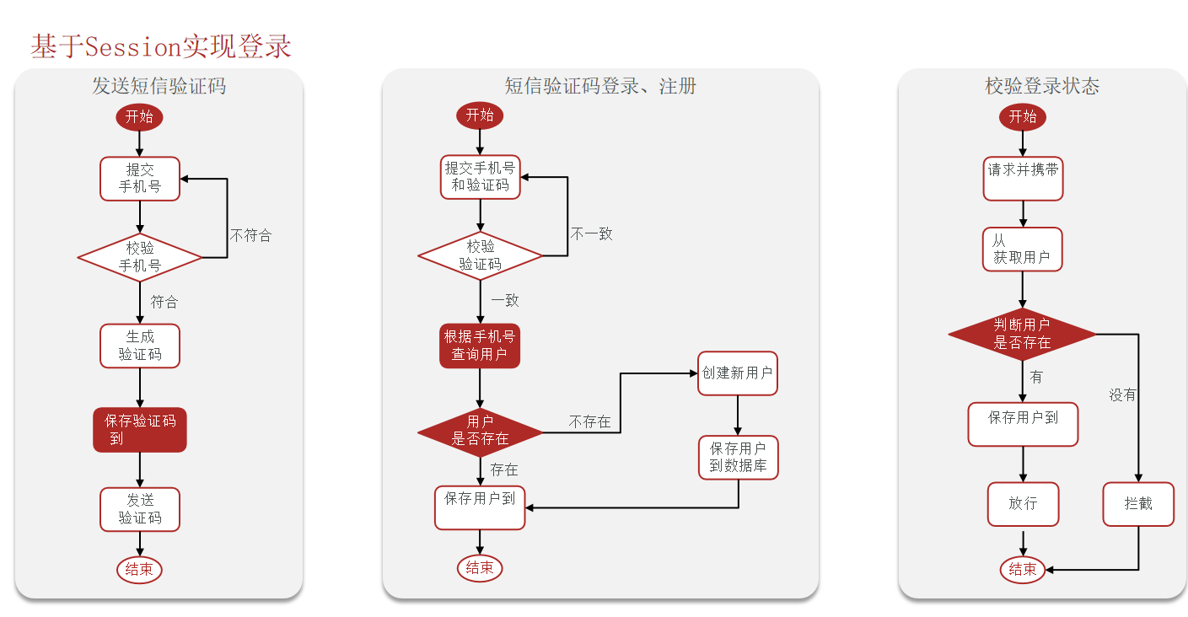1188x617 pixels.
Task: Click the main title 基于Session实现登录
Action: [x=161, y=46]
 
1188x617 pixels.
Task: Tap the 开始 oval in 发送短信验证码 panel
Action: [x=139, y=117]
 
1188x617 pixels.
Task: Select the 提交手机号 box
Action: [x=140, y=178]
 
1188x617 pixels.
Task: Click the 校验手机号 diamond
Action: [x=140, y=257]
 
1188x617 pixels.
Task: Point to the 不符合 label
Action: [x=251, y=235]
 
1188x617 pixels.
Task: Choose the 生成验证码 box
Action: [x=140, y=346]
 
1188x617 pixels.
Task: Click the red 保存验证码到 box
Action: [x=140, y=430]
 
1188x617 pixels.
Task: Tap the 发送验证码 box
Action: [x=140, y=509]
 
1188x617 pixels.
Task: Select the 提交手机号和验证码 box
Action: [x=481, y=177]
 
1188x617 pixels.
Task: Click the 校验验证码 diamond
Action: [x=481, y=255]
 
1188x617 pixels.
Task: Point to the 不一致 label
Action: [x=592, y=233]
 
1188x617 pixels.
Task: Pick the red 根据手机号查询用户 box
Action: [x=480, y=346]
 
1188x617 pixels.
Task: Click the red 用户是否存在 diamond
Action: [x=481, y=432]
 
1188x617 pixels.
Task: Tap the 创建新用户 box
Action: [x=738, y=373]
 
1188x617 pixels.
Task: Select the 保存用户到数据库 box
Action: [x=738, y=457]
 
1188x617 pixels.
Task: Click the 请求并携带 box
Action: [x=1023, y=178]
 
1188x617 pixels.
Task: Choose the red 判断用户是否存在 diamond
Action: [x=1022, y=334]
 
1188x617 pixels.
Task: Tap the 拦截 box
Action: [x=1138, y=504]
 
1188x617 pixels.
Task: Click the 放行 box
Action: [x=1023, y=504]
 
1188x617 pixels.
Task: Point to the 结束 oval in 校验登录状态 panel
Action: [x=1023, y=570]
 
